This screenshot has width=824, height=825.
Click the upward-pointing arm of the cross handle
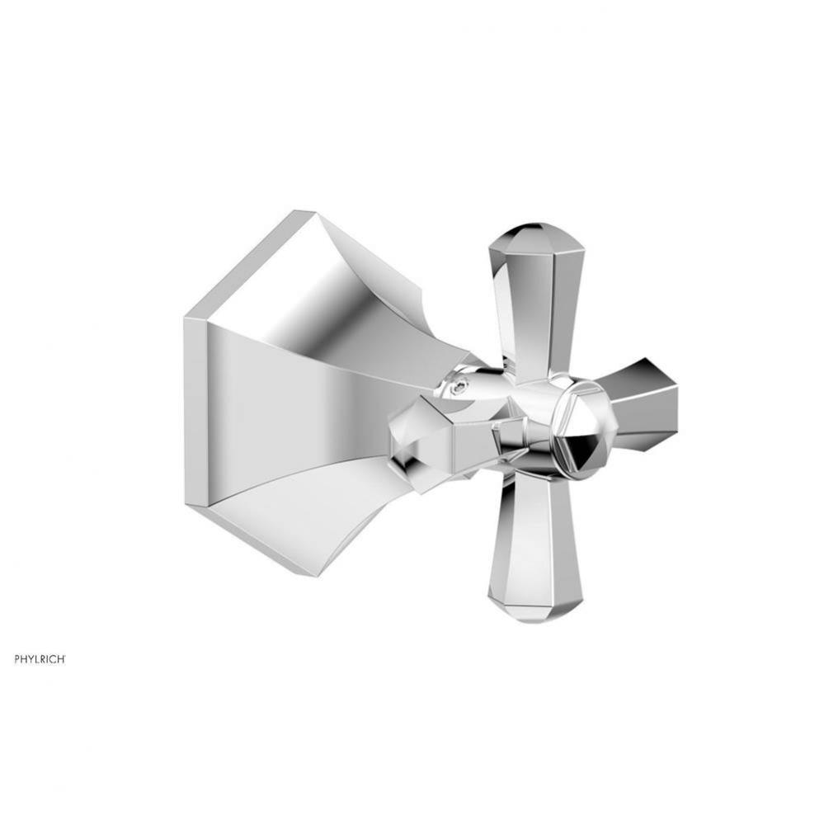point(536,305)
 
